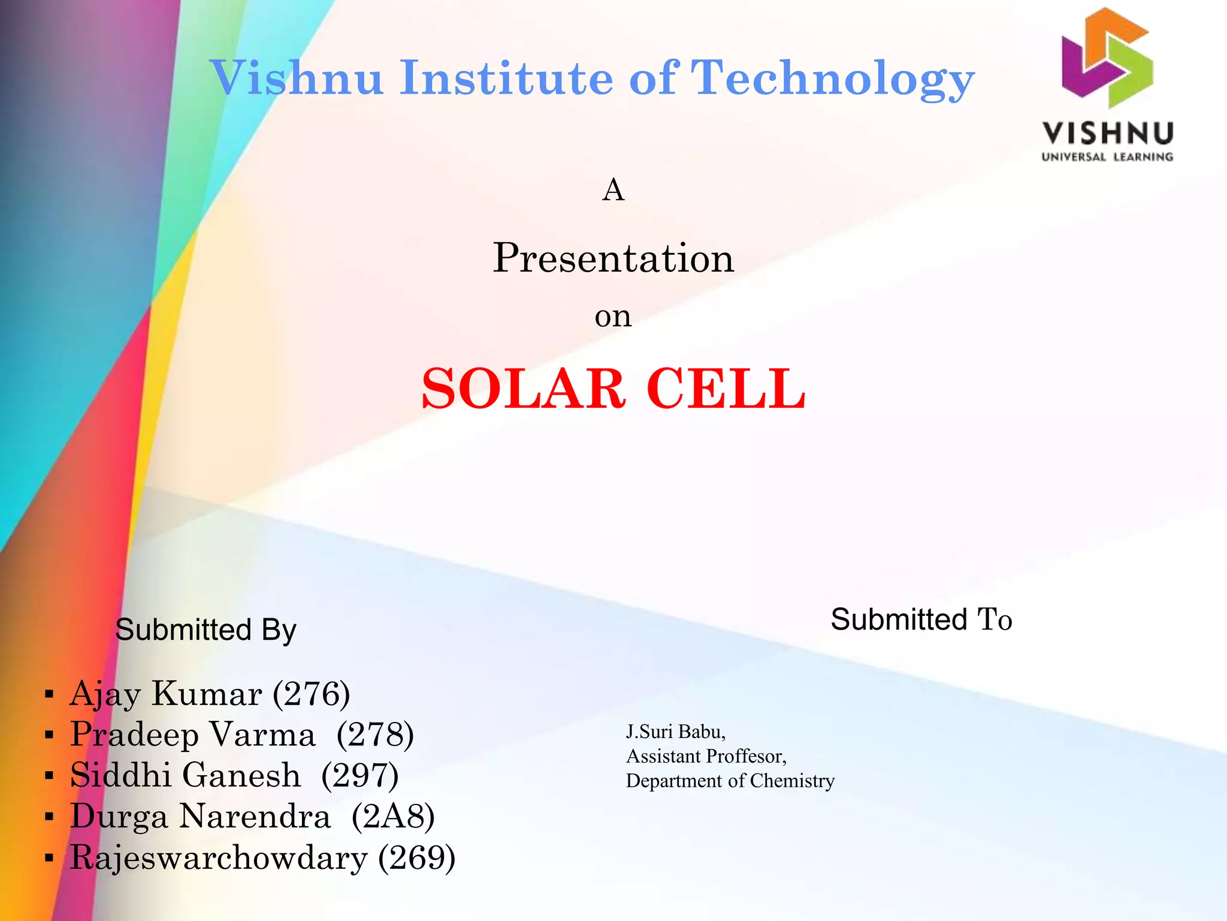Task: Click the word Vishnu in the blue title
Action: coord(297,78)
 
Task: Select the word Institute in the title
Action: coord(506,78)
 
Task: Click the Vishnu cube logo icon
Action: coord(1107,58)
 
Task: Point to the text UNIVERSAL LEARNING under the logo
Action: coord(1107,157)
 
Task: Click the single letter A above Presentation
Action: coord(613,191)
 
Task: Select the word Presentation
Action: coord(613,258)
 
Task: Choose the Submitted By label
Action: coord(205,630)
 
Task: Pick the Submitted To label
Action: coord(921,619)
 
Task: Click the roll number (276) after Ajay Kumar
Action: coord(311,694)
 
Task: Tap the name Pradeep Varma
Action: coord(192,735)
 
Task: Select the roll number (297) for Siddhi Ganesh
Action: coord(359,775)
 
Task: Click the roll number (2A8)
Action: coord(393,816)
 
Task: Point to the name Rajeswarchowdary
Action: coord(219,857)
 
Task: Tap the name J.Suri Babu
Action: coord(675,732)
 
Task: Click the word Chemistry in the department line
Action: coord(791,781)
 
